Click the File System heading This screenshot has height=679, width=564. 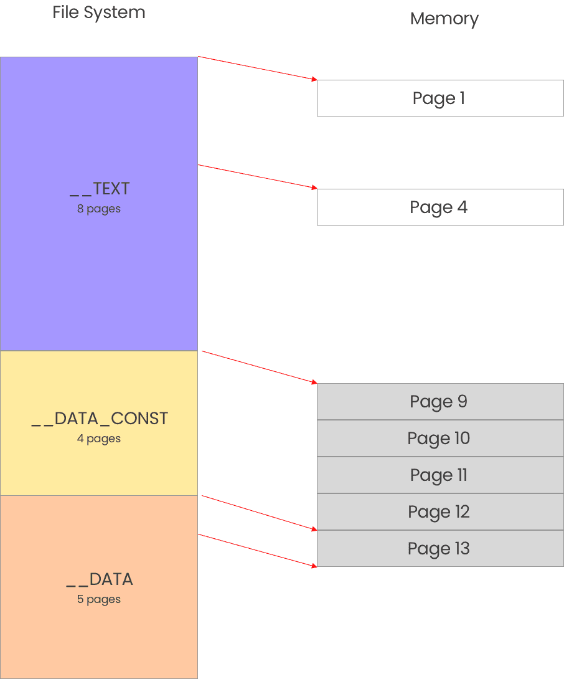click(99, 12)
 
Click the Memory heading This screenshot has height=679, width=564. click(444, 19)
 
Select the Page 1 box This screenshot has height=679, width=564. click(439, 98)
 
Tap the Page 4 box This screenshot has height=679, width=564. click(439, 207)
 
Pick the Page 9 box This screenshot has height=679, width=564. click(439, 402)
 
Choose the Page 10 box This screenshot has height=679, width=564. click(439, 439)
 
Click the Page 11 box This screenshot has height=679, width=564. click(439, 475)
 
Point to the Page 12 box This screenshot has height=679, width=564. click(439, 512)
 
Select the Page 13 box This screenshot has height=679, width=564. click(439, 549)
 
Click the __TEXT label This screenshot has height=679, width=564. click(100, 189)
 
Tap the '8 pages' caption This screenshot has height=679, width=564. click(99, 209)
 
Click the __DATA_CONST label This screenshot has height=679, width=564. click(100, 419)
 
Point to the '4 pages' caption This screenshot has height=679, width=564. click(99, 439)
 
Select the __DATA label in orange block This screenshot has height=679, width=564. click(100, 579)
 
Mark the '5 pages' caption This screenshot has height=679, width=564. click(99, 599)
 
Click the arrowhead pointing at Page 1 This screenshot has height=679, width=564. click(314, 79)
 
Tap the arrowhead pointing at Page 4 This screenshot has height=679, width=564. click(314, 188)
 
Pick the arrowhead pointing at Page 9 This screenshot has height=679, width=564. click(314, 382)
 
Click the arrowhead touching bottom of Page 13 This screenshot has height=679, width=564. click(314, 565)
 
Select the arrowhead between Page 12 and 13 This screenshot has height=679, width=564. click(314, 529)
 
